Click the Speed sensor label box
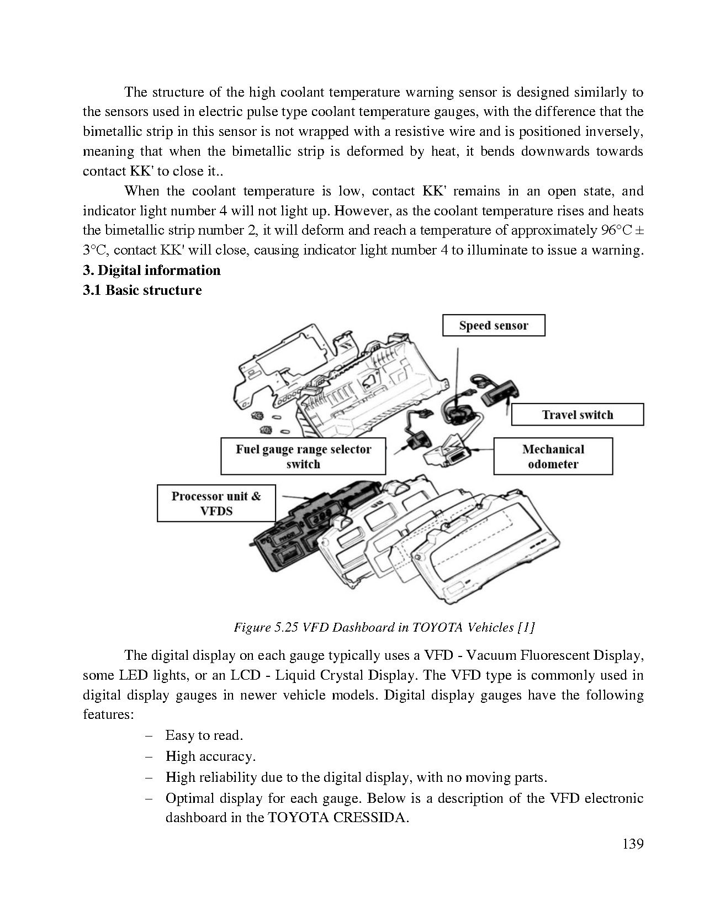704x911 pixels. coord(493,325)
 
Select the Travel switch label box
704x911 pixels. coord(577,415)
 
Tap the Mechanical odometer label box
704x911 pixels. coord(553,456)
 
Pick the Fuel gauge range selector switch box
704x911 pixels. coord(303,456)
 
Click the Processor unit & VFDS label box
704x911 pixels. coord(216,503)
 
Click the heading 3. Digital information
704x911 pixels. coord(152,270)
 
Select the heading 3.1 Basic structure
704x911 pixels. coord(142,290)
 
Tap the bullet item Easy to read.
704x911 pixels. coord(204,735)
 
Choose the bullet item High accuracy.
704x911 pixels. coord(210,756)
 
